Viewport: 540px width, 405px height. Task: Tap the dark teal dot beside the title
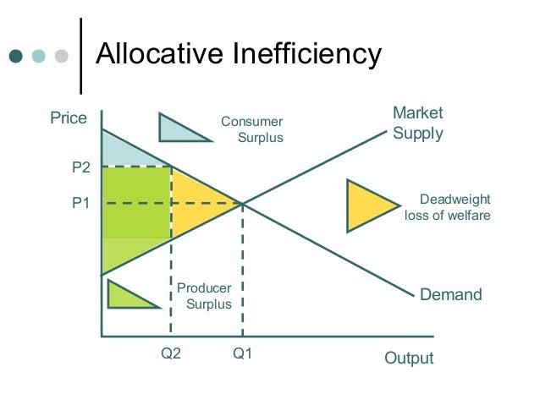(16, 57)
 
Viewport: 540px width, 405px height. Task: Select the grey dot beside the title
(61, 57)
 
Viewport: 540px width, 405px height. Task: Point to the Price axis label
(69, 118)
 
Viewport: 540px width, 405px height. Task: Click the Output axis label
(409, 358)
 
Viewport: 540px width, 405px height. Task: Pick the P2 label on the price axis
(80, 167)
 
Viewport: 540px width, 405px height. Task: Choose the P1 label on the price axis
(80, 204)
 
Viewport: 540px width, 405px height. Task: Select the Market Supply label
(417, 123)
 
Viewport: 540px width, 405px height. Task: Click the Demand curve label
(451, 295)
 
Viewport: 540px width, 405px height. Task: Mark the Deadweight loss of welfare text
(452, 207)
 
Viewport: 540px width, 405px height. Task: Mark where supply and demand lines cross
(243, 204)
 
